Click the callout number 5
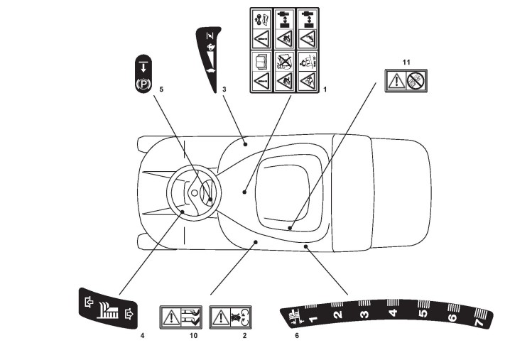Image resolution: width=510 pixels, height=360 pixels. [162, 89]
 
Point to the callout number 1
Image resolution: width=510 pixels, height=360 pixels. [325, 89]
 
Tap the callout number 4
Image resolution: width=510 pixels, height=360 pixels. [142, 334]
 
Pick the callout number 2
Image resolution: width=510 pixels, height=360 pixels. [244, 334]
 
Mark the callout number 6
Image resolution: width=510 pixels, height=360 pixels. [297, 334]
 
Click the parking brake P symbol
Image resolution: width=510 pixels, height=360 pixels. [143, 84]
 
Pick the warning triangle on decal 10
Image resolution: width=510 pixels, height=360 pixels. [171, 315]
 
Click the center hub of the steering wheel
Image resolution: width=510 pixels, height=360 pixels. [195, 192]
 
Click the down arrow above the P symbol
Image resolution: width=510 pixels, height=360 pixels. [143, 67]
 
